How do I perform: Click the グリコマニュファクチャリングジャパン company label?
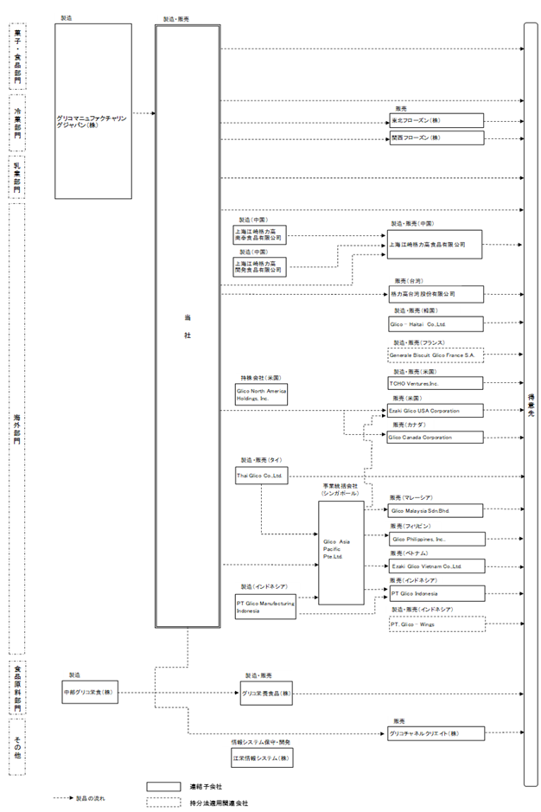tap(93, 121)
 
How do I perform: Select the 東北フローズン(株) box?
tap(436, 121)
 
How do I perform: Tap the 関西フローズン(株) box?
tap(436, 137)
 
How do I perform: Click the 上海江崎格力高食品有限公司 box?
tap(435, 245)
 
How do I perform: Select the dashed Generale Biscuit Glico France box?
tap(436, 355)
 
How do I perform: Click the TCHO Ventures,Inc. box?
tap(436, 382)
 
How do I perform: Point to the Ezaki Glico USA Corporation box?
tap(436, 411)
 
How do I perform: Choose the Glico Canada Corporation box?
tap(436, 438)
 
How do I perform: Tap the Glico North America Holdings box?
tap(260, 395)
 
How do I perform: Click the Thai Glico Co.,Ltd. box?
tap(261, 476)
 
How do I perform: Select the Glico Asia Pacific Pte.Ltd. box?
tap(341, 553)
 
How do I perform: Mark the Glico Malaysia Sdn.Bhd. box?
tap(436, 511)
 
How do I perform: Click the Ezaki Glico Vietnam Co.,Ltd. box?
tap(436, 566)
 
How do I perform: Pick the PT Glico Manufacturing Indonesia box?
tap(264, 606)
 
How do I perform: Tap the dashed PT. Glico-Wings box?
tap(436, 623)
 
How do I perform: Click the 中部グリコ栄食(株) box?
tap(89, 693)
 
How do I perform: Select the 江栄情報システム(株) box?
tap(261, 758)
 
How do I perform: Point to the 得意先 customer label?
tap(531, 403)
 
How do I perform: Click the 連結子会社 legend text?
tap(207, 787)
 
